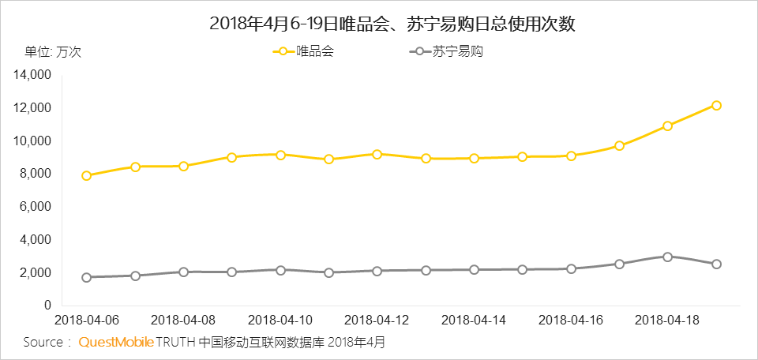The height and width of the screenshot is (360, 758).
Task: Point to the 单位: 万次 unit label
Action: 53,52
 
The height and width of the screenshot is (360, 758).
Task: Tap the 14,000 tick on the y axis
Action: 33,75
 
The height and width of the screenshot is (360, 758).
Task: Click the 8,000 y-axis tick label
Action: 36,174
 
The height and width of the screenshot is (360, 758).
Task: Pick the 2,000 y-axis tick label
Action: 36,272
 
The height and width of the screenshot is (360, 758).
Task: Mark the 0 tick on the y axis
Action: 47,306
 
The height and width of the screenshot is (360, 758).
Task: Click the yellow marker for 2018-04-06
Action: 86,175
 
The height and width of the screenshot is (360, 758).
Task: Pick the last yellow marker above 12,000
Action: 716,105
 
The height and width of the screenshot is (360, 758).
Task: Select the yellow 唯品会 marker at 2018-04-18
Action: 667,126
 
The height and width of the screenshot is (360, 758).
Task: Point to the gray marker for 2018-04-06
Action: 86,277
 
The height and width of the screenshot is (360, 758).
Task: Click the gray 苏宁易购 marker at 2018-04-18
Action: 667,257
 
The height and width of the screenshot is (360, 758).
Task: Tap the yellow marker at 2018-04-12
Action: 377,154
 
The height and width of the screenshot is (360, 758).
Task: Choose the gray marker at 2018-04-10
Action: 280,270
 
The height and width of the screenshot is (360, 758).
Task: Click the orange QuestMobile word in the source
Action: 116,343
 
